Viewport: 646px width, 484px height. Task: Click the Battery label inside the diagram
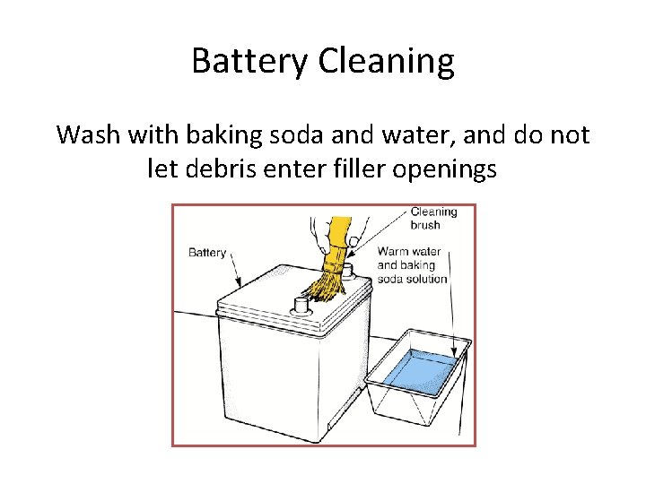click(207, 253)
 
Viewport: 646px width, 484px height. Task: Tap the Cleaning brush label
click(433, 219)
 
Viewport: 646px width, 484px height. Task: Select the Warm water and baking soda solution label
click(412, 265)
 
